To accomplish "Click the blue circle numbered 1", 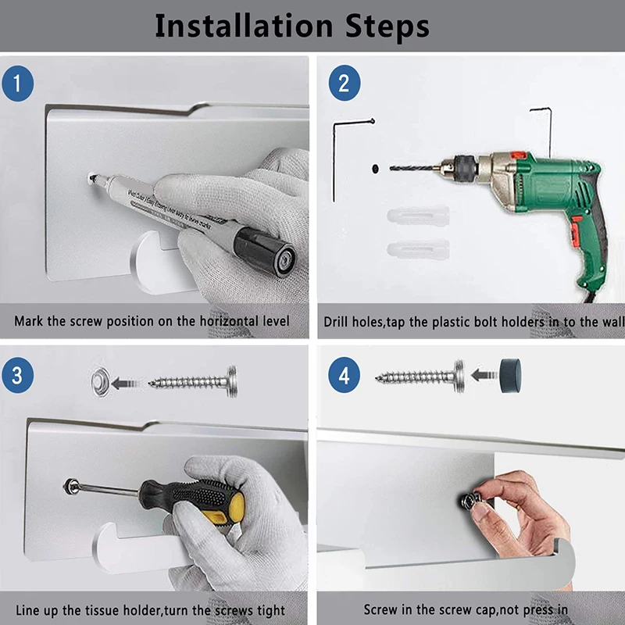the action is coord(17,84).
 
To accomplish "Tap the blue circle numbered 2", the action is coord(345,83).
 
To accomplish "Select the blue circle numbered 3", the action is coord(17,375).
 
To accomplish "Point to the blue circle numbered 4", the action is coord(345,375).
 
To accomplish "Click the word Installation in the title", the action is coord(244,26).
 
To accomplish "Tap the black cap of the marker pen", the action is coord(265,251).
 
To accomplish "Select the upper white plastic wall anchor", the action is coord(418,216).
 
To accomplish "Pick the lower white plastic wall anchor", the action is coord(418,249).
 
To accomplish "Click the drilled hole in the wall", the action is coord(375,169).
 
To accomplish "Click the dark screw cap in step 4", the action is coord(511,376).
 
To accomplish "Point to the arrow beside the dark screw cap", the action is coord(484,375).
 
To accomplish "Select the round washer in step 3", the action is coord(101,382).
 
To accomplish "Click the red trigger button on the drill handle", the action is coord(575,230).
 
